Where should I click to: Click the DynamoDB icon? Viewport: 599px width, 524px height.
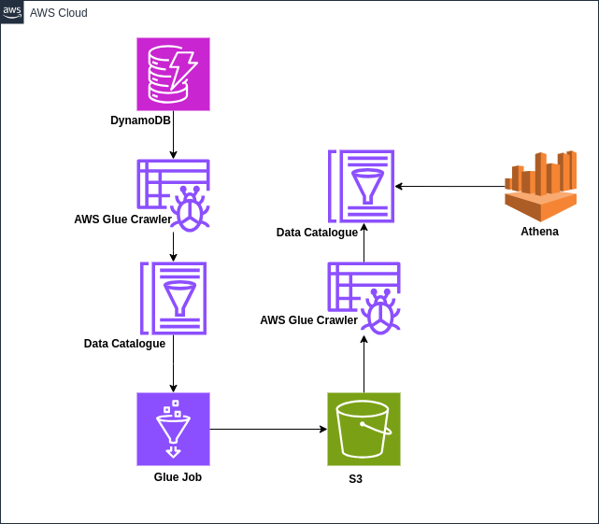click(173, 74)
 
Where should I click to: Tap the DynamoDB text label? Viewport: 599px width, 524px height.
click(141, 120)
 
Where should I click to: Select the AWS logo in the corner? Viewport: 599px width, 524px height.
click(12, 12)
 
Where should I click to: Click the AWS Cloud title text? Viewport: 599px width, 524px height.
click(59, 13)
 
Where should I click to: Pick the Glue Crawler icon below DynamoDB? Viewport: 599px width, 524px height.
click(175, 193)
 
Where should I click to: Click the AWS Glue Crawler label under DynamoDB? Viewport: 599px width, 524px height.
click(122, 220)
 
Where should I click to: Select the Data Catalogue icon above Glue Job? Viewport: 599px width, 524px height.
click(174, 298)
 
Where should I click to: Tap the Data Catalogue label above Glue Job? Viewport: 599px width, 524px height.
click(124, 344)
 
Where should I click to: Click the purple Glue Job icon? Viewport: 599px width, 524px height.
click(173, 429)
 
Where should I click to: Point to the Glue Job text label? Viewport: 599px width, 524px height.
click(178, 476)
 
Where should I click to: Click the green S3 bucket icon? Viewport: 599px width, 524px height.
click(364, 429)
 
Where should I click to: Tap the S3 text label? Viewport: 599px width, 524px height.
click(355, 479)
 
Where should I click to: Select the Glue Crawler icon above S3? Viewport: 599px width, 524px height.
click(364, 297)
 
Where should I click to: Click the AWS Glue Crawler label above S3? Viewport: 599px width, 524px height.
click(308, 320)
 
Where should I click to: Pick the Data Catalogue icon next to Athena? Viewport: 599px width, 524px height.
click(362, 186)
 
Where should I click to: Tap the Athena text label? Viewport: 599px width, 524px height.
click(539, 232)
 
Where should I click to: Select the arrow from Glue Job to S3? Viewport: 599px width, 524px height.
click(268, 430)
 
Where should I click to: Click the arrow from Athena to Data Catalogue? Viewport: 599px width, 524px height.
click(449, 186)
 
